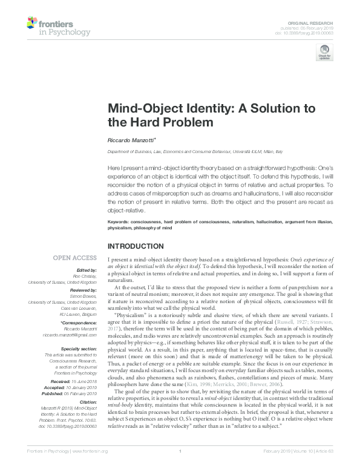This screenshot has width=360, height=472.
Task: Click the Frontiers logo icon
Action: tap(31, 24)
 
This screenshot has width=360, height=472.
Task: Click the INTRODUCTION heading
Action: tap(136, 246)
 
